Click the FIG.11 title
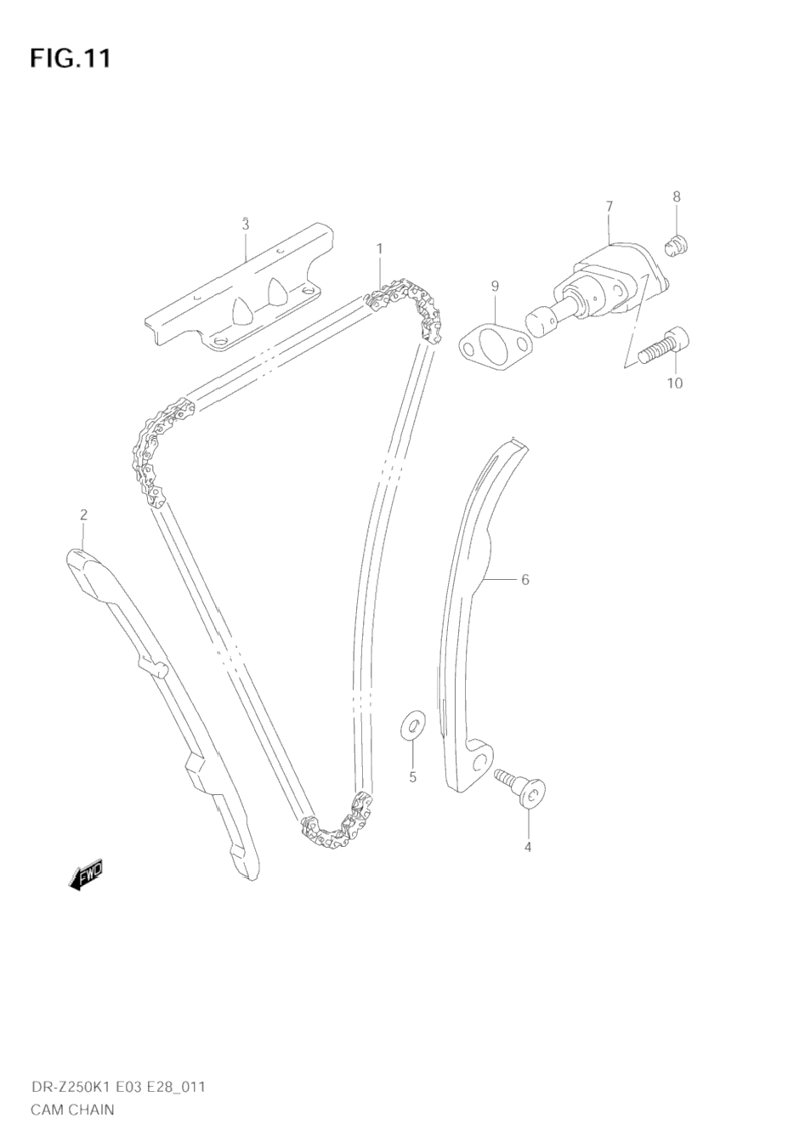[70, 59]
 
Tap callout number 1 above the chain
[379, 248]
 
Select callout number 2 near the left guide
[83, 514]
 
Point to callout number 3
[245, 225]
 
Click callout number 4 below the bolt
[527, 847]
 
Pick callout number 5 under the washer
[412, 776]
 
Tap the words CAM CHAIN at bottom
[72, 1109]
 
